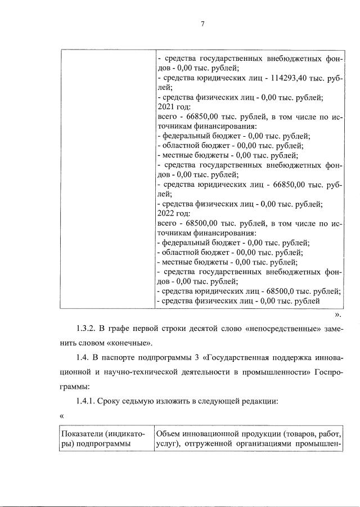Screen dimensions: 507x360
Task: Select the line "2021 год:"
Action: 175,107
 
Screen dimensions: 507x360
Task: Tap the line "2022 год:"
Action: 175,214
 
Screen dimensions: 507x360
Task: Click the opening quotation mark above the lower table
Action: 62,416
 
